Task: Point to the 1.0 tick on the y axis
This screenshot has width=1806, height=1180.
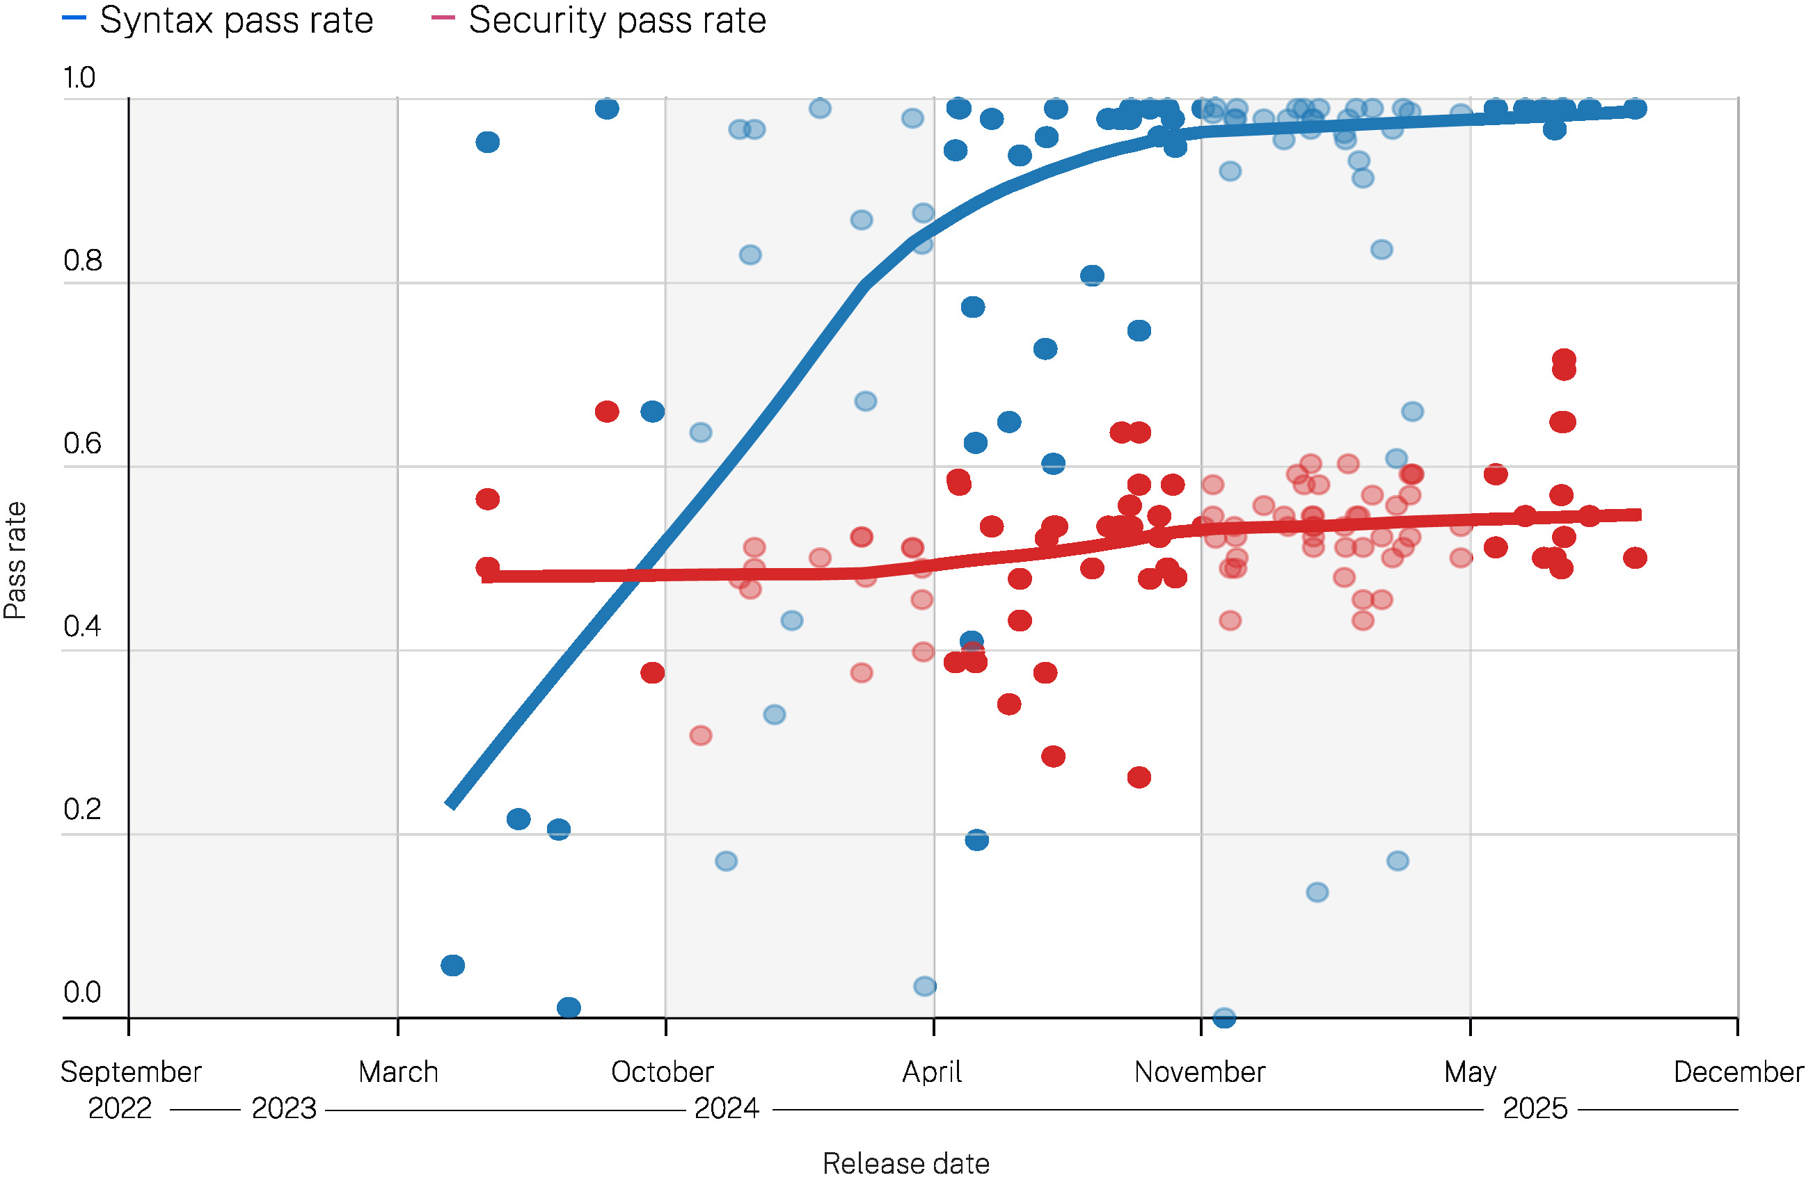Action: (79, 78)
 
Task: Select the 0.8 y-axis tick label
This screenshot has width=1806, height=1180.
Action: (82, 261)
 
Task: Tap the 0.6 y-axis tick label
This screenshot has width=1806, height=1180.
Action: (82, 444)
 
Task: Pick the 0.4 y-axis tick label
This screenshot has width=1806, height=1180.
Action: (82, 627)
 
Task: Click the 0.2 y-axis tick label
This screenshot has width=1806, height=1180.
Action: (82, 809)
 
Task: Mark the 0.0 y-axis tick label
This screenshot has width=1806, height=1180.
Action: (82, 992)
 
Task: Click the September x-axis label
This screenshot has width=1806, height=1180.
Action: (131, 1072)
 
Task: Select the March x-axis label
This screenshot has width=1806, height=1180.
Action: (398, 1072)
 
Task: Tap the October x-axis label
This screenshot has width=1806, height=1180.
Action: (663, 1072)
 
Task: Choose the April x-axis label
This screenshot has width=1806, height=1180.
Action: (932, 1072)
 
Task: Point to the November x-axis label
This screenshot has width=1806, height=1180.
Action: (1200, 1072)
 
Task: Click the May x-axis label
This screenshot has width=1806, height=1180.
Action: (1470, 1072)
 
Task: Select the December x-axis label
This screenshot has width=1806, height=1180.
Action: (1738, 1072)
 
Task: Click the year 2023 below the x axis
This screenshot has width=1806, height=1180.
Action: (284, 1108)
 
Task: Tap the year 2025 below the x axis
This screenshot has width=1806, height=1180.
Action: (1535, 1108)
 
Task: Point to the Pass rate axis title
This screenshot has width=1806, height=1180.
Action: (15, 560)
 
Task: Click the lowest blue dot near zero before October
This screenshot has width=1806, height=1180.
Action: (569, 1007)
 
